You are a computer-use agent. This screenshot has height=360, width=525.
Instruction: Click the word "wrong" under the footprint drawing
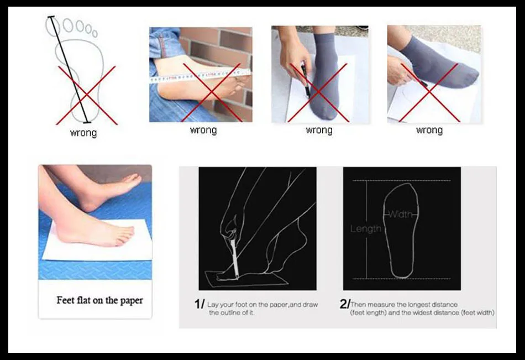click(83, 133)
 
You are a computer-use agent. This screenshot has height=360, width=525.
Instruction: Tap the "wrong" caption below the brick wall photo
click(203, 130)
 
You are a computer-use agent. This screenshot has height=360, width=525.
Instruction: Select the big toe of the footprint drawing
click(53, 27)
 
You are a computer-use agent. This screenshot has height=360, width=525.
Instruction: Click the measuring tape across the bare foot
click(200, 75)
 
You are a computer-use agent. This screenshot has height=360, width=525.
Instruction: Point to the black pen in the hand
click(306, 80)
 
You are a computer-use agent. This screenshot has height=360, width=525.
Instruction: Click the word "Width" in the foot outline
click(401, 214)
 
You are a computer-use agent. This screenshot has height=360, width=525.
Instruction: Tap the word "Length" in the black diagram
click(366, 228)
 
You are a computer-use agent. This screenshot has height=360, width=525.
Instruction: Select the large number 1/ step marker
click(199, 304)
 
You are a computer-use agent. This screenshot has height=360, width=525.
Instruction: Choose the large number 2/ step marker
click(344, 304)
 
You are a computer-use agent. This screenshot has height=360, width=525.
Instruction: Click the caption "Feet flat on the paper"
click(100, 300)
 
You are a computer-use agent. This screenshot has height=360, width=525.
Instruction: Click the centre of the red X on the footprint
click(86, 95)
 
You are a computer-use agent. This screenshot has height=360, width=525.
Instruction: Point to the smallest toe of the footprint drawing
click(95, 34)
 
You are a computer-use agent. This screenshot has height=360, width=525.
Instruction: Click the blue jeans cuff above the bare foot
click(164, 43)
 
